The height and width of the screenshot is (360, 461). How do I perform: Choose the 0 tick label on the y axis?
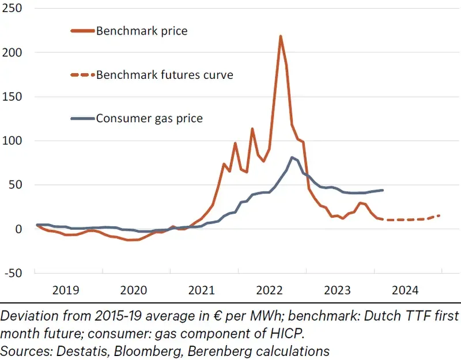[x=20, y=229]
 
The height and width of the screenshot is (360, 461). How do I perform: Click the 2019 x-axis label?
[x=66, y=290]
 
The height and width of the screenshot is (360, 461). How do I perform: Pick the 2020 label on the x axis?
[x=134, y=290]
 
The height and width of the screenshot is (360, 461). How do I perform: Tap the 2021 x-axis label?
[x=201, y=290]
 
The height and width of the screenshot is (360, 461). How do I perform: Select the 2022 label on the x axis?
[x=269, y=290]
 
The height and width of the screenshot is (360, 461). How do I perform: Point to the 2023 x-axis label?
[x=337, y=290]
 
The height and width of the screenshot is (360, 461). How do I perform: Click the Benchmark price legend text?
[x=142, y=31]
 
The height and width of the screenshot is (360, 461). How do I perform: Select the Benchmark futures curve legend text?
[x=164, y=75]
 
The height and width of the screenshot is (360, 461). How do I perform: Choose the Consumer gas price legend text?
[x=149, y=119]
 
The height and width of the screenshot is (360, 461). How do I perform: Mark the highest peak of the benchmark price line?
[x=280, y=36]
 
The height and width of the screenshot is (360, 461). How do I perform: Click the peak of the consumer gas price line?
[x=292, y=157]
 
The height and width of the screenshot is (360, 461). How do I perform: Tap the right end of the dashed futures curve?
[x=440, y=215]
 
